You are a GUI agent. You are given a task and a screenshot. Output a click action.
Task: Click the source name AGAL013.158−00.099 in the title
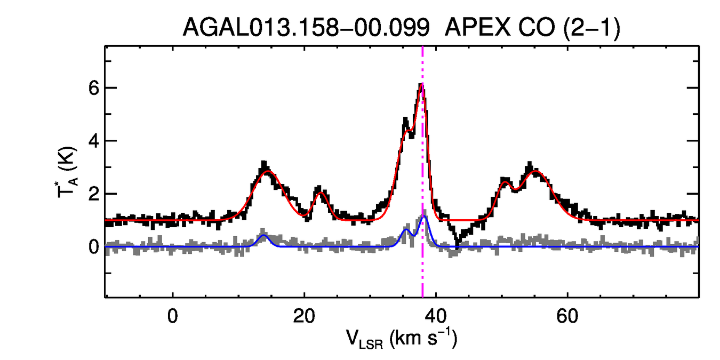tap(306, 28)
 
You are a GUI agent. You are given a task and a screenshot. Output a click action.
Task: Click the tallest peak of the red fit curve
tap(422, 84)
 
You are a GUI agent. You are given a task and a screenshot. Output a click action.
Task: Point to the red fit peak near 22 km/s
tap(319, 193)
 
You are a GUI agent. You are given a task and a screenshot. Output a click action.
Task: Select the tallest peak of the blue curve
tap(425, 216)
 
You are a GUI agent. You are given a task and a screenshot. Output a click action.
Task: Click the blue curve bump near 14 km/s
tap(263, 235)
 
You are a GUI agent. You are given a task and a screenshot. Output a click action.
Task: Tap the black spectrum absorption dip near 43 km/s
tap(457, 247)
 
